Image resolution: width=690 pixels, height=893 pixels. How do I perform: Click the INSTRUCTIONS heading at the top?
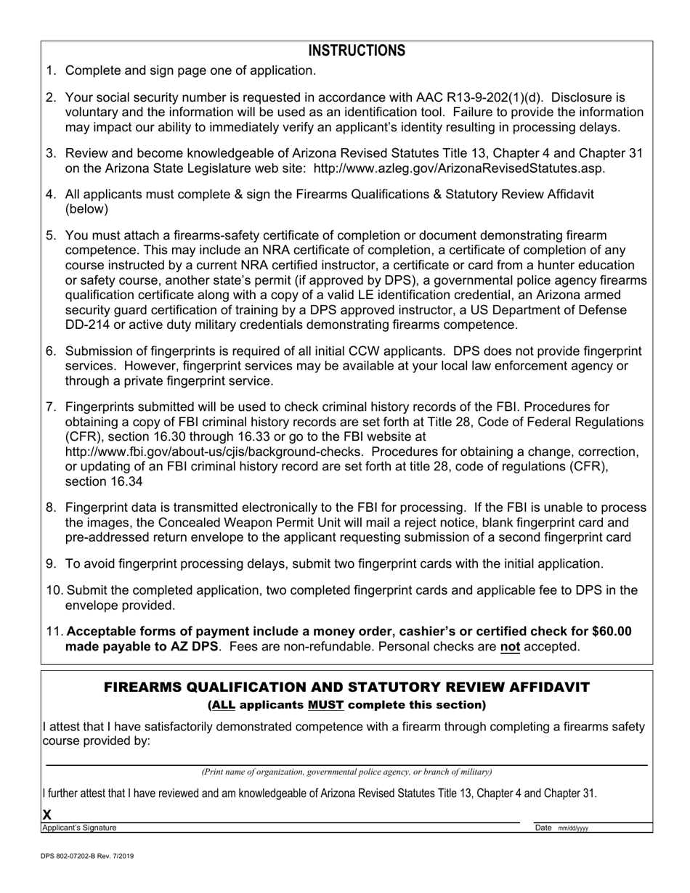(x=357, y=51)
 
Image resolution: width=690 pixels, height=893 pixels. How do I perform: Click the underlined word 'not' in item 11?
(x=510, y=647)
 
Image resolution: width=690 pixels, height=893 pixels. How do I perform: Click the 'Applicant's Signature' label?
(x=79, y=828)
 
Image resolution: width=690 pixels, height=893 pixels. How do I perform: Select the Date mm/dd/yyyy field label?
(x=561, y=828)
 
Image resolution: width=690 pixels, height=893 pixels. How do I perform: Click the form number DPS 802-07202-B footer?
(x=87, y=857)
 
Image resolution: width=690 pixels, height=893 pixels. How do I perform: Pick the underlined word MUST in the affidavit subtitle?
(x=325, y=705)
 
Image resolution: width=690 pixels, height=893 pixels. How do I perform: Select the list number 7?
(x=51, y=407)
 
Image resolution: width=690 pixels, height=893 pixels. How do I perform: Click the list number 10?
(x=54, y=590)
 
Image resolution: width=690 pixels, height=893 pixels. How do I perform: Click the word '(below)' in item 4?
(x=86, y=209)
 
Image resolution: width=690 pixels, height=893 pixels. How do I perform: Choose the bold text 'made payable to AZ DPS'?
(x=142, y=647)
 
